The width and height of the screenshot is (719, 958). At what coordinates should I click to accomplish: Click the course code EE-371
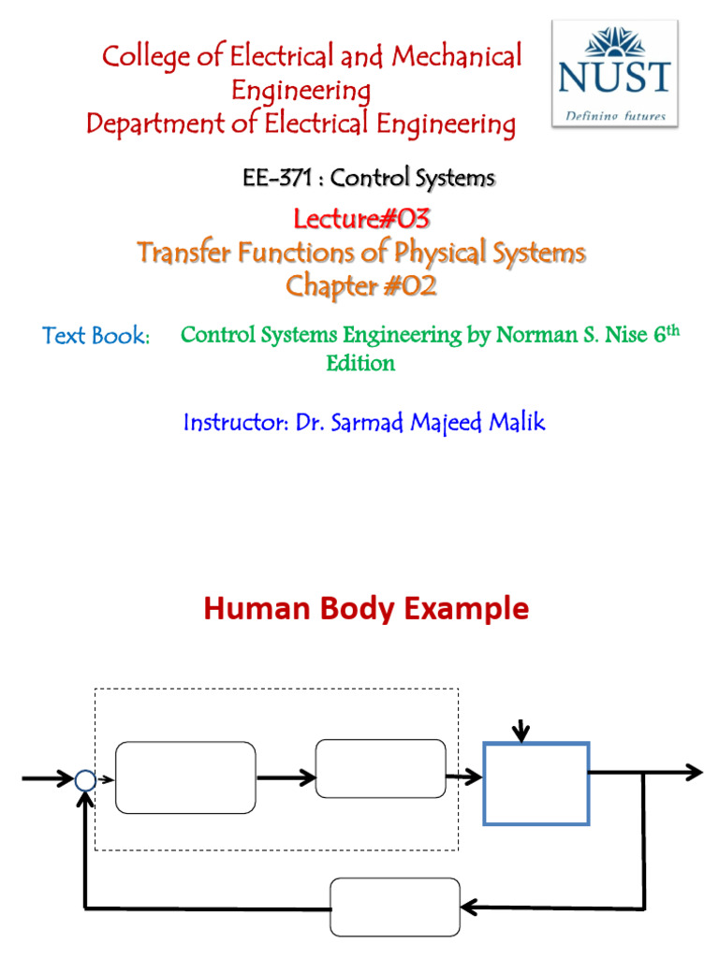pyautogui.click(x=274, y=177)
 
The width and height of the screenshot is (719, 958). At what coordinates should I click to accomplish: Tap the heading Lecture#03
pyautogui.click(x=361, y=220)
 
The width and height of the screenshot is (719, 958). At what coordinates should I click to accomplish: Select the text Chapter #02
pyautogui.click(x=361, y=286)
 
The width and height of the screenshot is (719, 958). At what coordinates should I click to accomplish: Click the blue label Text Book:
pyautogui.click(x=96, y=336)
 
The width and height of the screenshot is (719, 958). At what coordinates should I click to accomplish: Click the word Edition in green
pyautogui.click(x=360, y=364)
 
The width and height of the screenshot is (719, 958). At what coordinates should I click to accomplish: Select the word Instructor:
pyautogui.click(x=236, y=422)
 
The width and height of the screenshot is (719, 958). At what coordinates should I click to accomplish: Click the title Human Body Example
pyautogui.click(x=366, y=609)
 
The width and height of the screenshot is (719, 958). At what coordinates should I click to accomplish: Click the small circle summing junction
pyautogui.click(x=85, y=779)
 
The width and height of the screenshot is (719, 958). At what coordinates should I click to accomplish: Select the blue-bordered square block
pyautogui.click(x=536, y=784)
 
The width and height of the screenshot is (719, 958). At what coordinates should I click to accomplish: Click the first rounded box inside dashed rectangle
pyautogui.click(x=185, y=777)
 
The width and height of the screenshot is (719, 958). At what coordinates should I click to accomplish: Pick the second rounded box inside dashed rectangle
pyautogui.click(x=381, y=769)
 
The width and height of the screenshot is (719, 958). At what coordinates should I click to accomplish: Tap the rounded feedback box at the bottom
pyautogui.click(x=396, y=907)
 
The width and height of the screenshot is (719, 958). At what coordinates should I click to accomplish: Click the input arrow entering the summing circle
pyautogui.click(x=47, y=778)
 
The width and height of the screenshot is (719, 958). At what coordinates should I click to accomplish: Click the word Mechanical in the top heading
pyautogui.click(x=457, y=56)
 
